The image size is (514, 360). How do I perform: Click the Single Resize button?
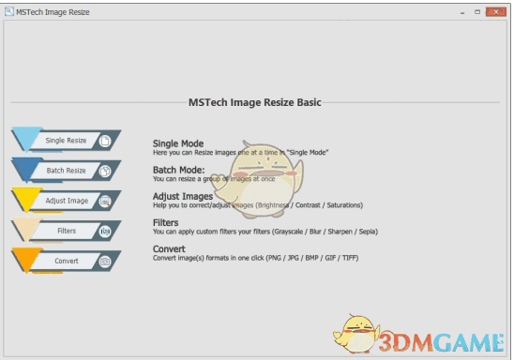coord(66,141)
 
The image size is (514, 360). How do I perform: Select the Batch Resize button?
coord(66,171)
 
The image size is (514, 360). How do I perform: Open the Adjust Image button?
coord(66,201)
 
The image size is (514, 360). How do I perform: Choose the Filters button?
coord(66,231)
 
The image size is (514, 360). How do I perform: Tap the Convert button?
coord(66,261)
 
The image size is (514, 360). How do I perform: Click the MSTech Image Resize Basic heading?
coord(256,102)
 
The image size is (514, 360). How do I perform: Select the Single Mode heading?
coord(178,143)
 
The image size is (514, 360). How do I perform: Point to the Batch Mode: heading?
coord(178,170)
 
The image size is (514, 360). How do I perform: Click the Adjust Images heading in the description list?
coord(184,196)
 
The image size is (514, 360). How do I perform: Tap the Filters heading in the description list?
coord(166,222)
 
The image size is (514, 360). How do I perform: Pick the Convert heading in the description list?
coord(170,248)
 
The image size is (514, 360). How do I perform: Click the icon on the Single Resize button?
coord(105,141)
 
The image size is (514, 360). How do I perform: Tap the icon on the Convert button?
coord(105,261)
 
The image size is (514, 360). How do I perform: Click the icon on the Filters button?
coord(105,231)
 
